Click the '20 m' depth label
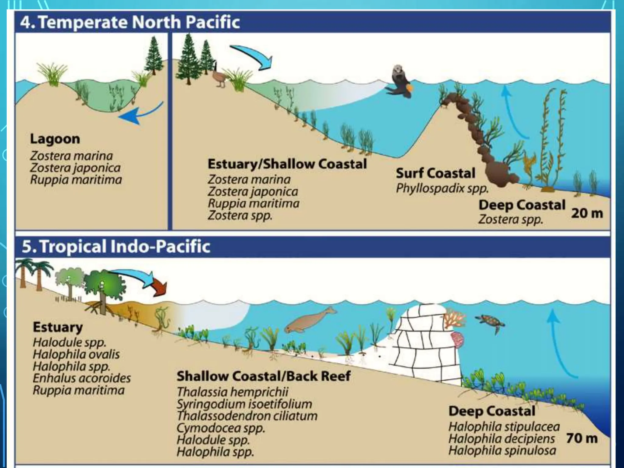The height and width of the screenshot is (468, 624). click(x=587, y=213)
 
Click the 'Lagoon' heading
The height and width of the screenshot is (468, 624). click(x=55, y=139)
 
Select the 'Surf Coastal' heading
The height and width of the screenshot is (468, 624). click(x=435, y=173)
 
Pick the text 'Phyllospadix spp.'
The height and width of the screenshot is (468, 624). click(x=442, y=188)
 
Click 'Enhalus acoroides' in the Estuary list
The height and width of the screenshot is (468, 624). click(x=82, y=378)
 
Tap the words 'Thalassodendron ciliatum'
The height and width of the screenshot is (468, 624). click(x=247, y=416)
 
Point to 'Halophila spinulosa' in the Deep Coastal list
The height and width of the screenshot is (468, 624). click(x=502, y=450)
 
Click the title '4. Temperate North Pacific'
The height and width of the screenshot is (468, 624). click(x=130, y=22)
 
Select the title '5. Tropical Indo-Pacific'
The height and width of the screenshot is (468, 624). click(x=116, y=246)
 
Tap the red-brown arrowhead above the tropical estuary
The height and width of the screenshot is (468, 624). click(x=160, y=289)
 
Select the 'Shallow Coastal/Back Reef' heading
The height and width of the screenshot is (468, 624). click(x=264, y=376)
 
